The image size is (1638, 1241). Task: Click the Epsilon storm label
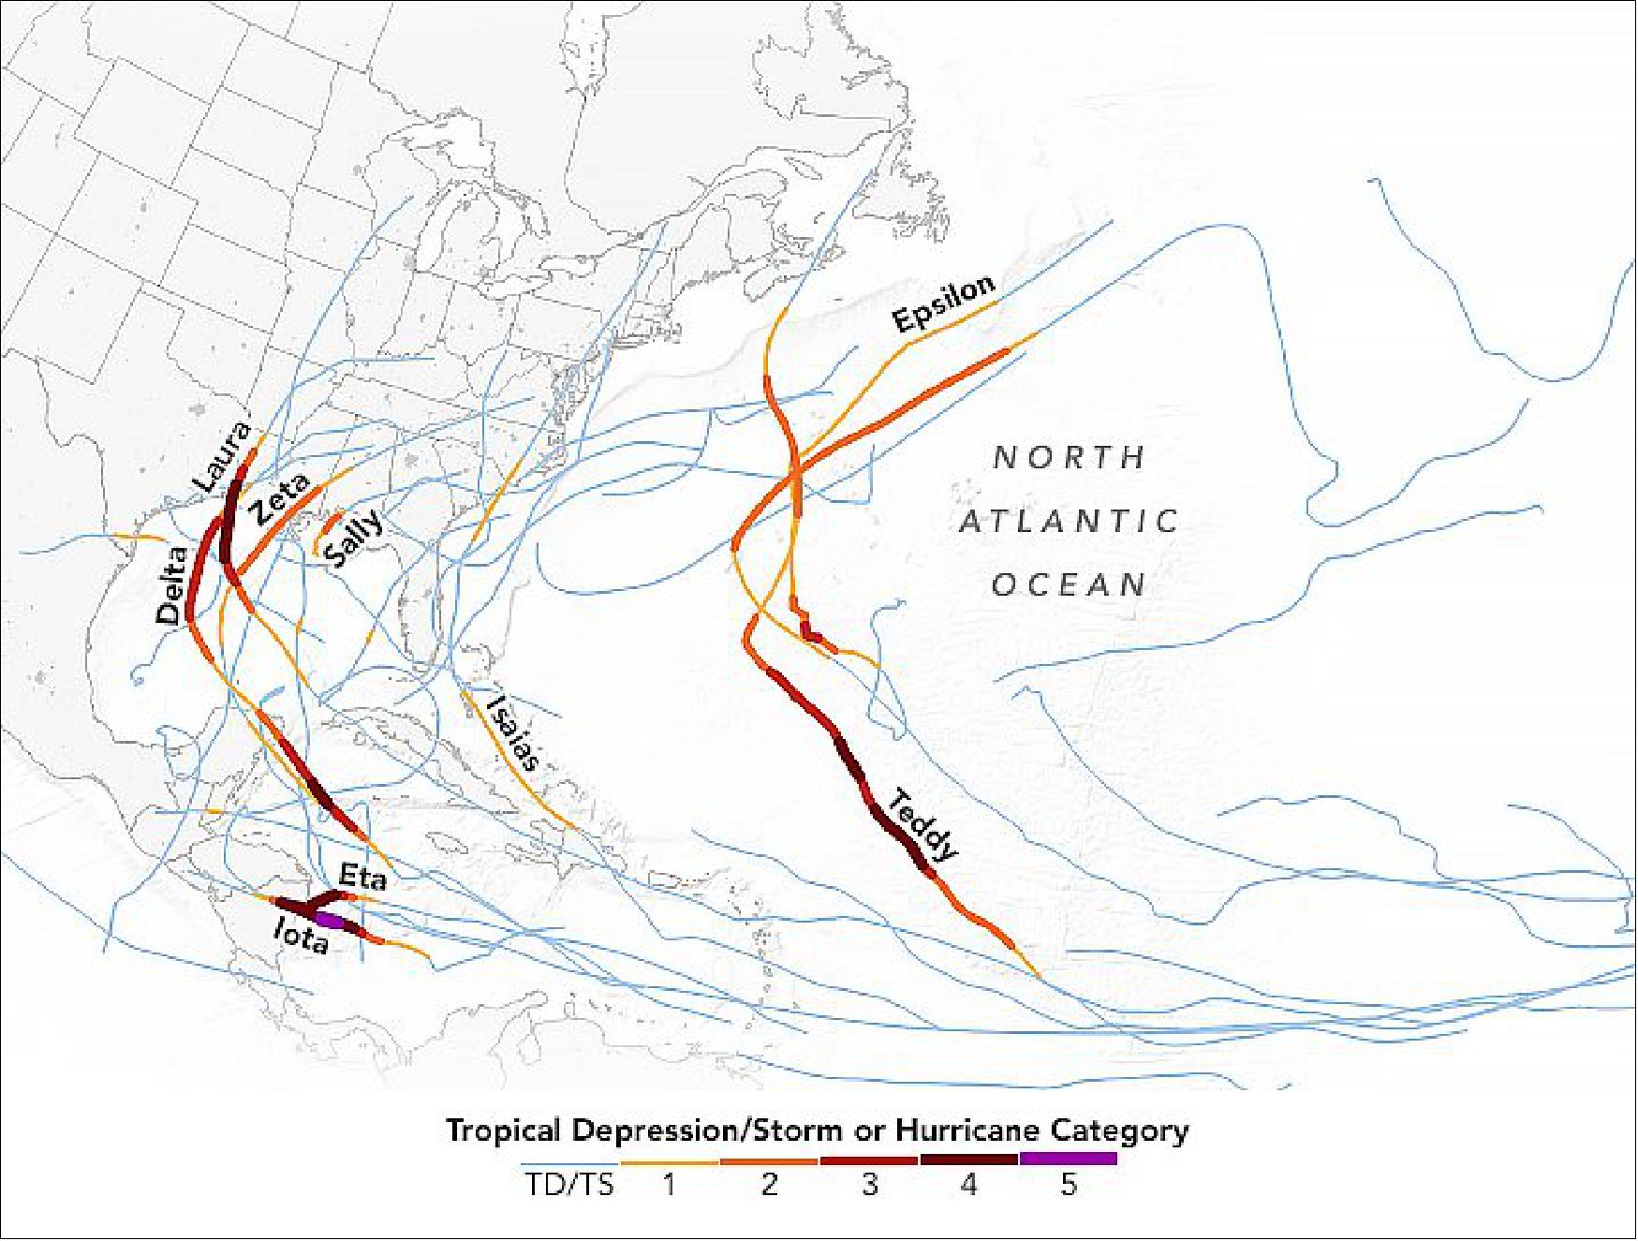point(942,303)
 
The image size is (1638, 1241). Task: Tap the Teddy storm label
point(923,825)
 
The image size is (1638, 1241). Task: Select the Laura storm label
point(222,456)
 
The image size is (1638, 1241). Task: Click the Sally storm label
point(354,539)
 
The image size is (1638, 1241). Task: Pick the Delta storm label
point(171,584)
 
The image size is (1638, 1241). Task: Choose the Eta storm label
point(362,878)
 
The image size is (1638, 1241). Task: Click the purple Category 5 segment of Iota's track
point(329,920)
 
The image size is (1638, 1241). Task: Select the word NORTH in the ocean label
point(1070,457)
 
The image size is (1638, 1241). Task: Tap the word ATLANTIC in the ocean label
point(1069,521)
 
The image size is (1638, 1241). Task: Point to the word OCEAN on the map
point(1069,585)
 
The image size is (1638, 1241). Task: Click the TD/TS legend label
point(569,1185)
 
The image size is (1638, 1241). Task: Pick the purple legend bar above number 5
point(1068,1160)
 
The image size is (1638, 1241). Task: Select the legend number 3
point(869,1185)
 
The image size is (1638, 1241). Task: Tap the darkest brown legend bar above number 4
point(968,1160)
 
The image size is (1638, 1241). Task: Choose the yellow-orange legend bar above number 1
point(670,1162)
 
